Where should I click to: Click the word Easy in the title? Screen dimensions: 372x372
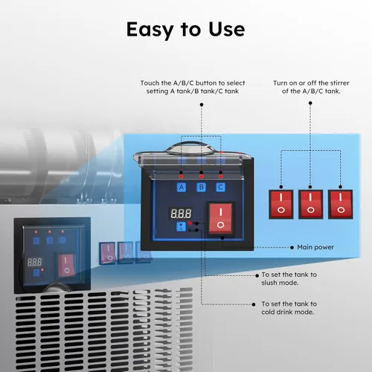(150, 30)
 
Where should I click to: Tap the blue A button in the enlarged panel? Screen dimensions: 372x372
(182, 187)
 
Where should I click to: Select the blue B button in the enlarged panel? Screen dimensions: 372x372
(201, 187)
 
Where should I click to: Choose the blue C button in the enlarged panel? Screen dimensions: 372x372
(220, 187)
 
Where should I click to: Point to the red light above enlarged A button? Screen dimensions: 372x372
(181, 176)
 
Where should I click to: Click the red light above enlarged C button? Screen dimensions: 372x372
(220, 176)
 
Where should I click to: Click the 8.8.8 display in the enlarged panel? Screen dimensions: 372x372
(181, 214)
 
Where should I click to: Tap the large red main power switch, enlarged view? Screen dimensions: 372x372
(220, 219)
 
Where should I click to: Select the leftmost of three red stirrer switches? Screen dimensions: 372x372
(281, 205)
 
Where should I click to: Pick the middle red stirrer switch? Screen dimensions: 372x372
(310, 205)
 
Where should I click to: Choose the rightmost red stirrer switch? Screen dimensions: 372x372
(340, 205)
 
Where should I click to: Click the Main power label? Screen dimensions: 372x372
(315, 247)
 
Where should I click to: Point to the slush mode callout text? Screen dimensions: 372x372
(289, 279)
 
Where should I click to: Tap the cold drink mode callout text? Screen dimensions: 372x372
(289, 308)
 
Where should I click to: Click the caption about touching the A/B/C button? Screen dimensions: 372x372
(193, 87)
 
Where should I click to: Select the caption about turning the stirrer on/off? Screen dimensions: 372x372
(311, 87)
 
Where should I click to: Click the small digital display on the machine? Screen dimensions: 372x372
(34, 262)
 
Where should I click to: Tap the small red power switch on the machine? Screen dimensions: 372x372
(66, 266)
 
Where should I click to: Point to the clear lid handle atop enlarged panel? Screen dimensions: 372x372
(191, 148)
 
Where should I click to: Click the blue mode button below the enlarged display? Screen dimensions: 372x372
(181, 227)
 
